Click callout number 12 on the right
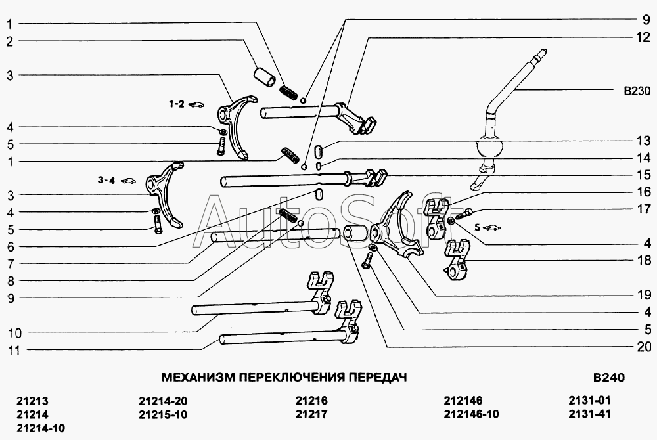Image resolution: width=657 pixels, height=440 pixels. tap(643, 37)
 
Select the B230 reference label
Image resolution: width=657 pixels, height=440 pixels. tap(637, 91)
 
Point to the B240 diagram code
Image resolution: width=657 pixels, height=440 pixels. tap(609, 377)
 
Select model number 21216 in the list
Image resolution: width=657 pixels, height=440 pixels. tap(311, 400)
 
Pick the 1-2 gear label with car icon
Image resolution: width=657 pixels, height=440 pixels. tap(187, 104)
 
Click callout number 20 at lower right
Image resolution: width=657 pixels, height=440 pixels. tap(644, 347)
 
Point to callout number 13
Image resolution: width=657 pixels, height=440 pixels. tap(644, 141)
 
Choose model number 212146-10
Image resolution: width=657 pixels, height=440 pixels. tap(471, 414)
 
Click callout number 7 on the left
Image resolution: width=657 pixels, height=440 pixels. tap(11, 264)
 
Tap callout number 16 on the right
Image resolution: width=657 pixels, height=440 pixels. tap(644, 192)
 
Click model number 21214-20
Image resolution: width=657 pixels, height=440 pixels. tap(163, 401)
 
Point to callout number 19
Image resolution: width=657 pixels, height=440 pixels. tap(644, 295)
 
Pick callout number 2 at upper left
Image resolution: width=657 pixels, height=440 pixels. tap(10, 41)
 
